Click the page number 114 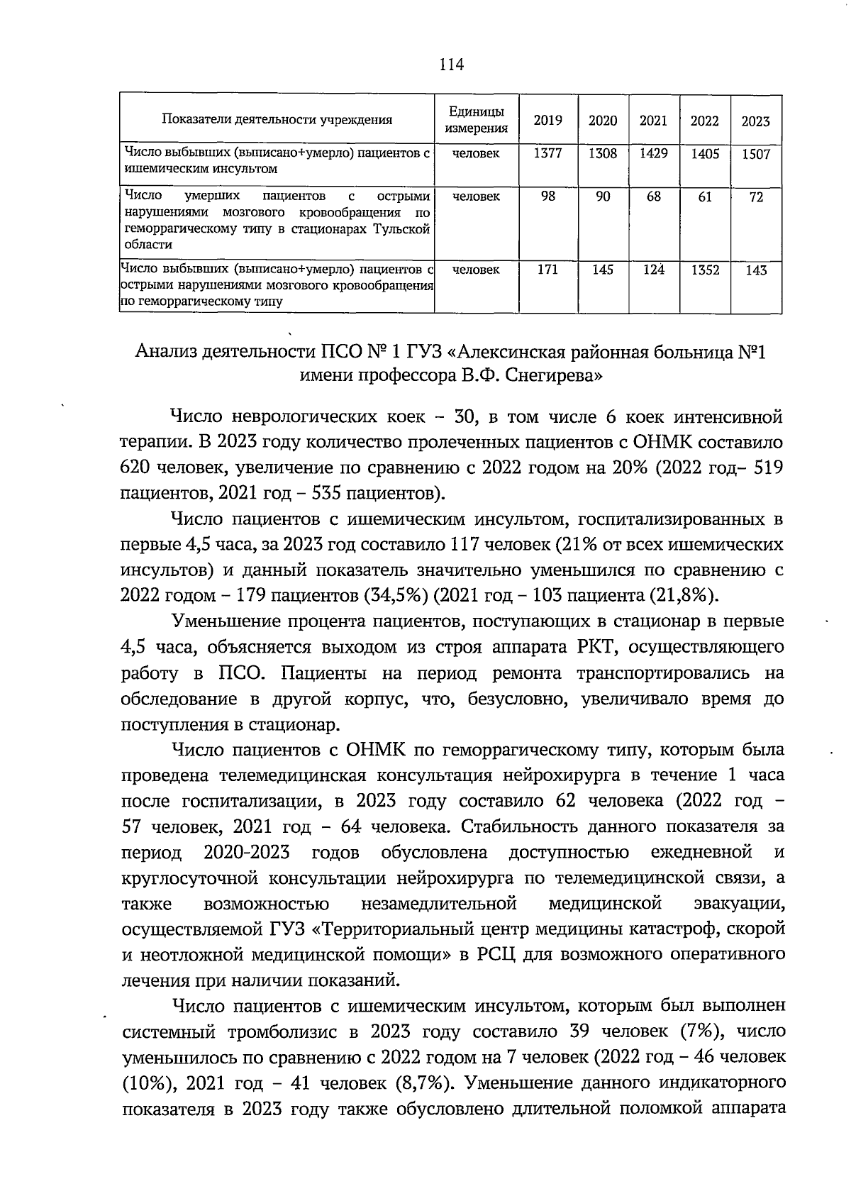tap(451, 65)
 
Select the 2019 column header tap(547, 121)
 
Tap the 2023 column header tap(755, 121)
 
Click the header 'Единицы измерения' tap(476, 120)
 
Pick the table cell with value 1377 tap(547, 153)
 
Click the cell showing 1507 tap(755, 155)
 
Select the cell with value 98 tap(547, 197)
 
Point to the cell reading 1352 tap(705, 271)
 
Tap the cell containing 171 tap(547, 270)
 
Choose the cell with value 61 tap(705, 197)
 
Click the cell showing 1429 tap(653, 153)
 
